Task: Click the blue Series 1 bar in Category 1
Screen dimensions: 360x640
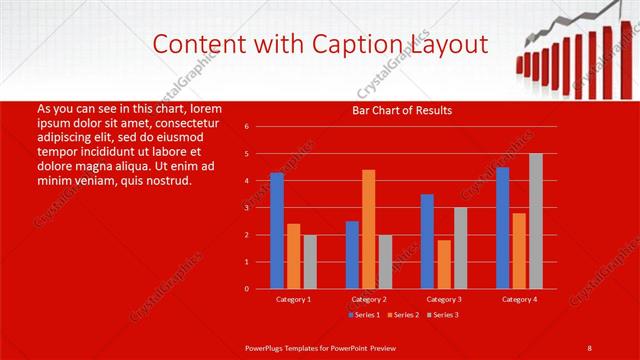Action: click(x=277, y=231)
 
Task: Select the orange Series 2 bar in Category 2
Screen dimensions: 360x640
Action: click(x=369, y=229)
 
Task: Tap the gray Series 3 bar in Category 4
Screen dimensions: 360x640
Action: click(x=536, y=221)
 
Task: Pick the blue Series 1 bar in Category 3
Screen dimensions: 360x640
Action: click(x=427, y=241)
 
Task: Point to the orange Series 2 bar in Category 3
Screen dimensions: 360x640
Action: click(x=444, y=264)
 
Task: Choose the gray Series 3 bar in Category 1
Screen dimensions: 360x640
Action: click(x=310, y=262)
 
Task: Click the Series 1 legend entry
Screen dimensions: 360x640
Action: click(x=365, y=315)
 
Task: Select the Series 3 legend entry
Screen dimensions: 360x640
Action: click(x=443, y=315)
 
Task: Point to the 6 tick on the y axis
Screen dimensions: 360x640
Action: click(x=246, y=127)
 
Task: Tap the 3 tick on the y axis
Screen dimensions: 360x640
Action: click(x=246, y=208)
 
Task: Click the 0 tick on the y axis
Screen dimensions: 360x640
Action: click(x=246, y=289)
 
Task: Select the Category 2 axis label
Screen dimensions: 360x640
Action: click(x=369, y=299)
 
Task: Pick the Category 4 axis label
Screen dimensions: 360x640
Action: click(x=519, y=299)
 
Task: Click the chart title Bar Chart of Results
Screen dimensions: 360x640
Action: click(x=403, y=110)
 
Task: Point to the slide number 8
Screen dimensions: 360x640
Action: click(x=590, y=347)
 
